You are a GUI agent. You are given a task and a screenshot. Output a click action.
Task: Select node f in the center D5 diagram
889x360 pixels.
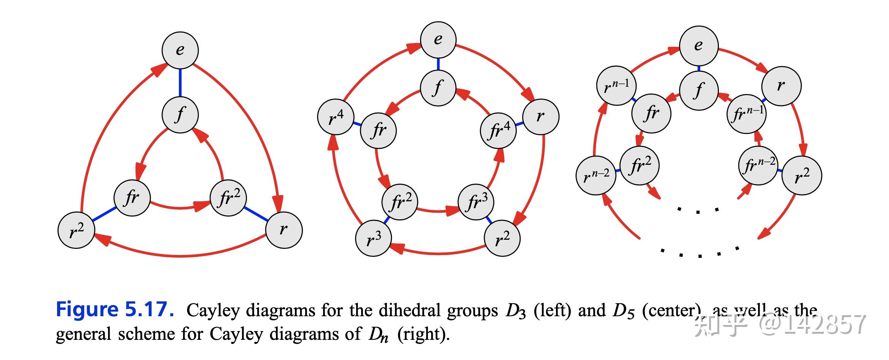pos(438,88)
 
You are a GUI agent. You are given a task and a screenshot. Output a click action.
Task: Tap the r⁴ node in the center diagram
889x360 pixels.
pos(336,117)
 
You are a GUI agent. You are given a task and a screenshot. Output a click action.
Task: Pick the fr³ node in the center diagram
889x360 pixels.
pos(476,202)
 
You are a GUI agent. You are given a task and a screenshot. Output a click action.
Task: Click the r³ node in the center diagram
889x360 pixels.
pos(373,238)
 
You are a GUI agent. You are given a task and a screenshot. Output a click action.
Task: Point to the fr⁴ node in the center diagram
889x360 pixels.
pos(498,131)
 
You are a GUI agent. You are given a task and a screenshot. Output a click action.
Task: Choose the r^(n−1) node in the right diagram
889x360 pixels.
pos(616,85)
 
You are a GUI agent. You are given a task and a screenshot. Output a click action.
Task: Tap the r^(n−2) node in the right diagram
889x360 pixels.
pos(596,176)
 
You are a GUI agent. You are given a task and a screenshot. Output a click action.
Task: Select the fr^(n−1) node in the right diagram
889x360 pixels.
pos(747,114)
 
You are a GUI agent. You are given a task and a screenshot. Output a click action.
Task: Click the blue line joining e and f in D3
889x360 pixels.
pos(180,83)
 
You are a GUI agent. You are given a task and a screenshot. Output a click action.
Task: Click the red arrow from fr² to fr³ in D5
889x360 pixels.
pos(438,210)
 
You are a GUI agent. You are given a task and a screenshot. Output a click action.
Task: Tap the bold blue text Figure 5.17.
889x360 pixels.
pos(115,309)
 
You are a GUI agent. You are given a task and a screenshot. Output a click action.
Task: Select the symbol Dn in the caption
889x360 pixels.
pos(378,335)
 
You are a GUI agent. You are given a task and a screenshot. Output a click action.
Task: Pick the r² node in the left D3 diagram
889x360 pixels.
pos(76,231)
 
